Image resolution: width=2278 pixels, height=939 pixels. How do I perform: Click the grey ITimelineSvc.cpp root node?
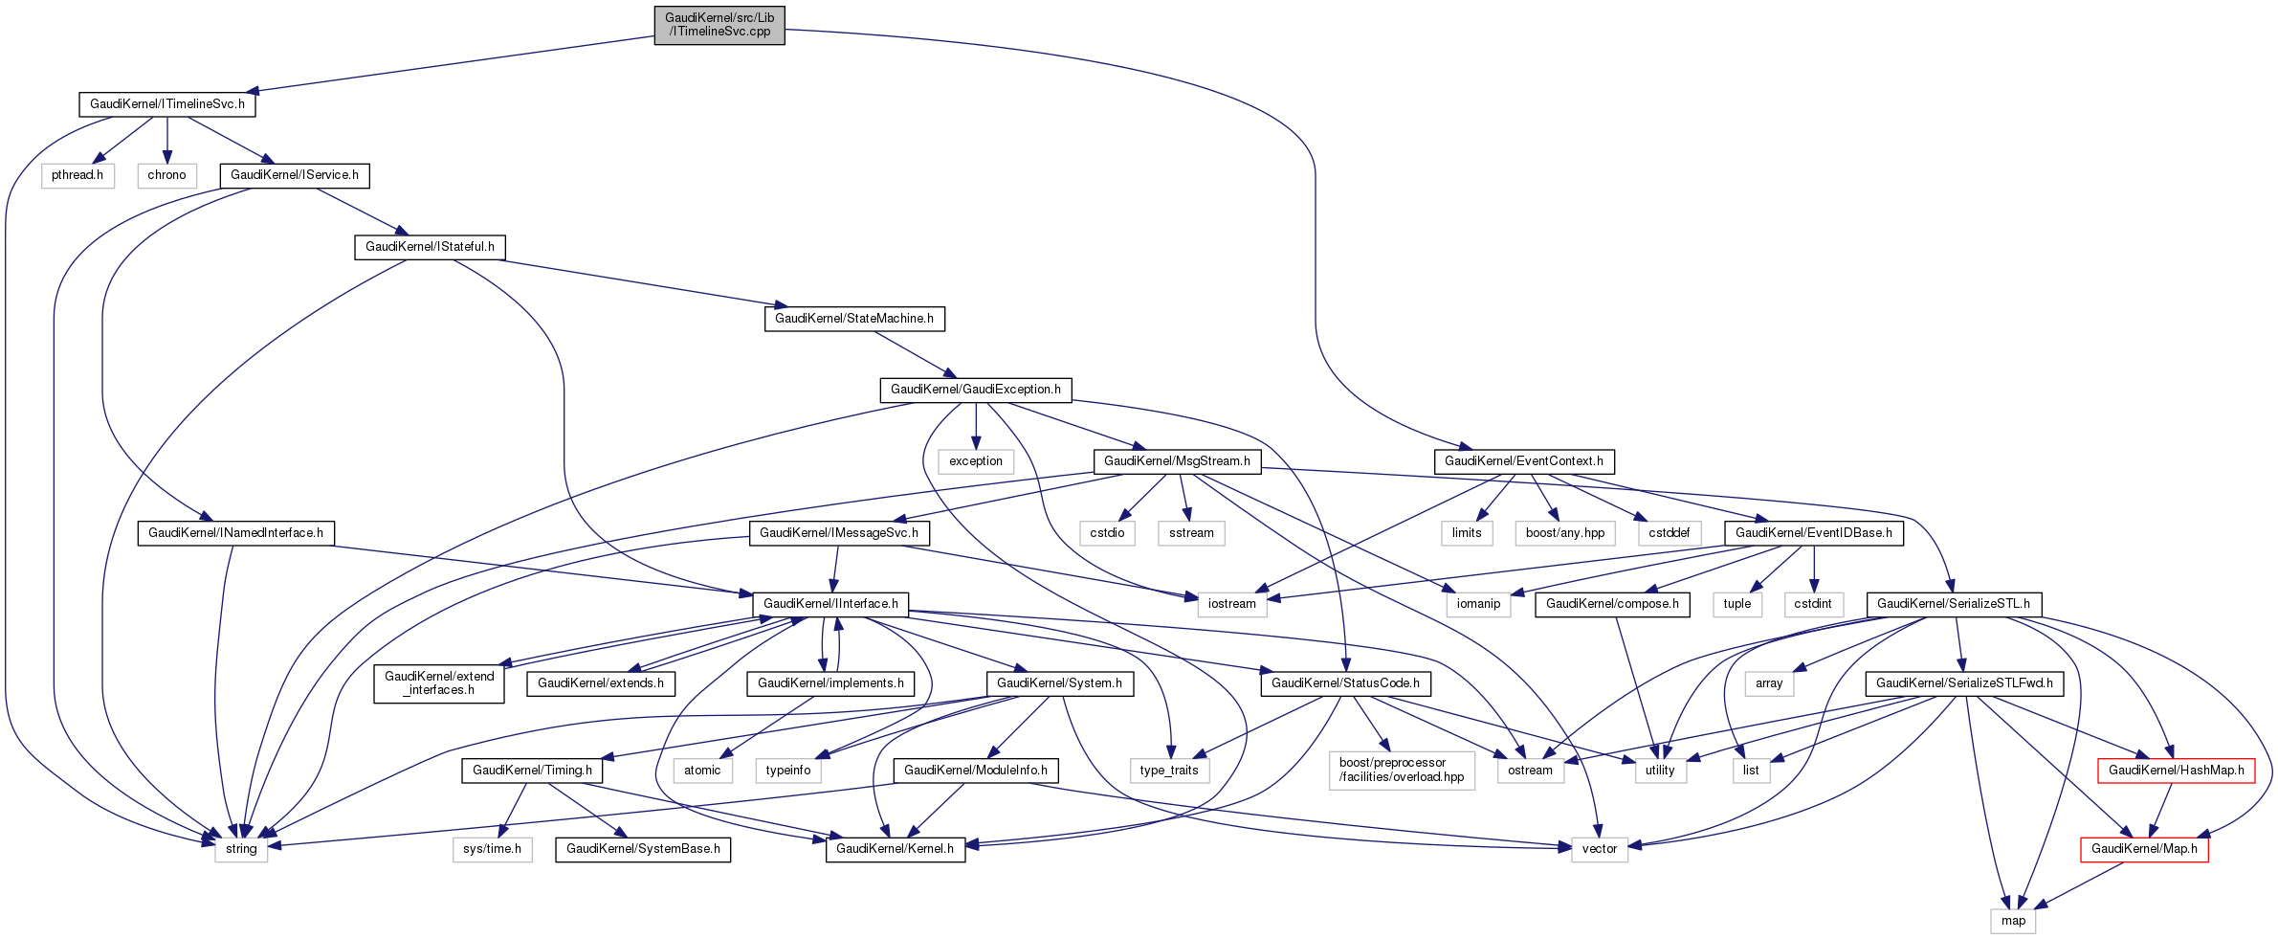(x=719, y=25)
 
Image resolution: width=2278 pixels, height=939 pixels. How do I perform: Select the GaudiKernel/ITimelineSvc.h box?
(x=166, y=104)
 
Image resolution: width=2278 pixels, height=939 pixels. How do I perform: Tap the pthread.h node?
(x=77, y=175)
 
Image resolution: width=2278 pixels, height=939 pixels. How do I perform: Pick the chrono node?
(x=166, y=175)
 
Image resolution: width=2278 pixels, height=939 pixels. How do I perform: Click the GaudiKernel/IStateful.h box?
(x=430, y=247)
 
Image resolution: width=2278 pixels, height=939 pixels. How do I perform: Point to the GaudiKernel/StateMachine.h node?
(x=853, y=318)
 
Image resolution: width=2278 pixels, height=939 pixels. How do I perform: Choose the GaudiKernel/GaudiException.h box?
(x=975, y=390)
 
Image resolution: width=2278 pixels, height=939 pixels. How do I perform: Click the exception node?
(x=976, y=461)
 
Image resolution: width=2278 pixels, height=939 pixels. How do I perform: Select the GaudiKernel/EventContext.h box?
(x=1524, y=461)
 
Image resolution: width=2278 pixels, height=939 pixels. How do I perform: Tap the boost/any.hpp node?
(x=1565, y=533)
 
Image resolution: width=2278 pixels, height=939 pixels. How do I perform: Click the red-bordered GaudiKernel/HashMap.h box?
(x=2176, y=771)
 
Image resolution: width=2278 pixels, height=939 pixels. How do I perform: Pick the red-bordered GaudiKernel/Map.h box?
(x=2144, y=849)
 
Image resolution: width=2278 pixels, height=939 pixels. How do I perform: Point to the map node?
(x=2013, y=921)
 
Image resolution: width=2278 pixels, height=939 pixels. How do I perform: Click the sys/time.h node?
(x=492, y=849)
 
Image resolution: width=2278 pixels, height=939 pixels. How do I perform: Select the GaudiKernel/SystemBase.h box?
(x=643, y=849)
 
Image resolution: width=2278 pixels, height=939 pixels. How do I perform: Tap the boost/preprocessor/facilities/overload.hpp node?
(x=1402, y=770)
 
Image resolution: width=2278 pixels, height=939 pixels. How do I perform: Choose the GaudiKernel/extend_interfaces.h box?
(x=439, y=683)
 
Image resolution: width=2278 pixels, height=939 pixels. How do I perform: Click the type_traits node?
(x=1169, y=771)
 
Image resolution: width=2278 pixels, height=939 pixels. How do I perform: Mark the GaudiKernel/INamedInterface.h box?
(x=235, y=533)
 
